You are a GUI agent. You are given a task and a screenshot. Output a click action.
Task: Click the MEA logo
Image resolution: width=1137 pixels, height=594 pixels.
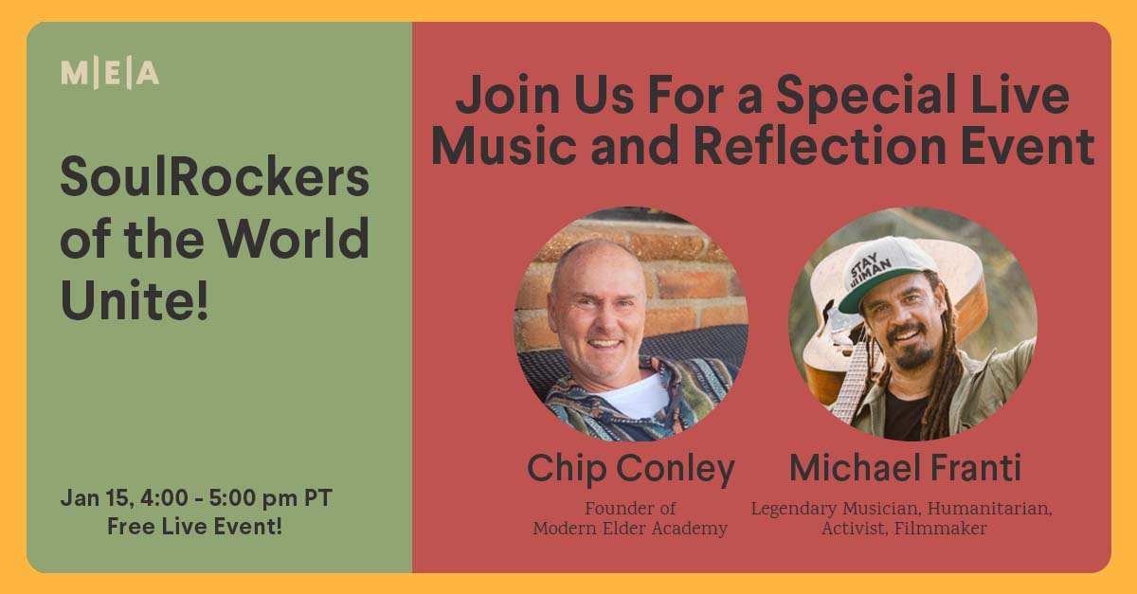[110, 74]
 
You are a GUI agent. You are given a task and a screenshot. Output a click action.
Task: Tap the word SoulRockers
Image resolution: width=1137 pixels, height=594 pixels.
[215, 176]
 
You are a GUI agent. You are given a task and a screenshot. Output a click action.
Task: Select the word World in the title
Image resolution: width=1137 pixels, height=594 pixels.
[294, 238]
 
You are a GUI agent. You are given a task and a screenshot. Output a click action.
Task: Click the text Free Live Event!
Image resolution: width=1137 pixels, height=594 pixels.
[194, 527]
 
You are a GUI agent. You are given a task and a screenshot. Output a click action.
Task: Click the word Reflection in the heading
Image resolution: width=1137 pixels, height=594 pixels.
[820, 145]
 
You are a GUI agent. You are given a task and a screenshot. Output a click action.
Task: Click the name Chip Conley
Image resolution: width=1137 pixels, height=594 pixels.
[631, 469]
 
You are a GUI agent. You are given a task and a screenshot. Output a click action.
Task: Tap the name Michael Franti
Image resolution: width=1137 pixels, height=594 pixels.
[905, 468]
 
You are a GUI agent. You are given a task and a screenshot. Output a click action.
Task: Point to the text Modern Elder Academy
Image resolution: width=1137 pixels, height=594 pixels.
[630, 529]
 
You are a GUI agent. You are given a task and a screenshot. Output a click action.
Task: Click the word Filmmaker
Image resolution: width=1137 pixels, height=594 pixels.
[941, 529]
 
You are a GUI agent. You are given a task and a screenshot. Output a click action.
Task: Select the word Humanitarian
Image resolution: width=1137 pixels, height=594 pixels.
[990, 509]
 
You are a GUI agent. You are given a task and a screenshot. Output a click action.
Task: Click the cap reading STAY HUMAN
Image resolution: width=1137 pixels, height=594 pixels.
[886, 272]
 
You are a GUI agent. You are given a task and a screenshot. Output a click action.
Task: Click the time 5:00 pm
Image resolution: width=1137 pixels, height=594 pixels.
[253, 498]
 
